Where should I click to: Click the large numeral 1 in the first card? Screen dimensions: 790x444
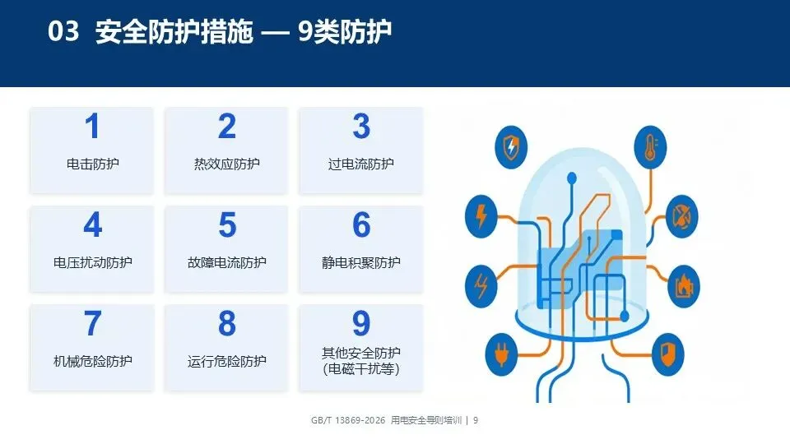click(92, 126)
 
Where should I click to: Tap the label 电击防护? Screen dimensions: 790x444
click(93, 164)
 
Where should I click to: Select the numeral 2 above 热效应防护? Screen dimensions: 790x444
click(227, 126)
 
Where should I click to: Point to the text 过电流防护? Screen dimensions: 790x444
click(360, 164)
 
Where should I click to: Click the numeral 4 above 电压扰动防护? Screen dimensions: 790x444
click(93, 224)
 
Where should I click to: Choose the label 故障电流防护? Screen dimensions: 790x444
click(227, 262)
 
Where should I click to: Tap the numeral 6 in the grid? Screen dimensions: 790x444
click(361, 224)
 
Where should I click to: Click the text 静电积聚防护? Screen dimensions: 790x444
click(360, 262)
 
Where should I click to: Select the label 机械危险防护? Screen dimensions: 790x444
click(93, 361)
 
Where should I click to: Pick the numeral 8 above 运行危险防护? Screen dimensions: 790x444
click(227, 323)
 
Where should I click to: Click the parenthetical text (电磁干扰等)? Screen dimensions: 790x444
click(360, 369)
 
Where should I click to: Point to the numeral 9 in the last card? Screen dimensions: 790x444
click(361, 323)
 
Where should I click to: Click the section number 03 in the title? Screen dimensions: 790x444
click(63, 30)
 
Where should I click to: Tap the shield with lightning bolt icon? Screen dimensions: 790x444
click(511, 147)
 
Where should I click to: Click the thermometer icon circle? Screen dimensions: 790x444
click(650, 147)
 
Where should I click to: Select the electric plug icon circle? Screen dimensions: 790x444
click(501, 354)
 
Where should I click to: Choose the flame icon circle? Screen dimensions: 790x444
click(684, 286)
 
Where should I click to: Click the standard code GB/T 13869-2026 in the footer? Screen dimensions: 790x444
click(348, 420)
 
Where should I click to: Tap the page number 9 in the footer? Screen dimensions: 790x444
click(476, 420)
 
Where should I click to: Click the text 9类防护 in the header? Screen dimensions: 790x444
click(345, 31)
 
